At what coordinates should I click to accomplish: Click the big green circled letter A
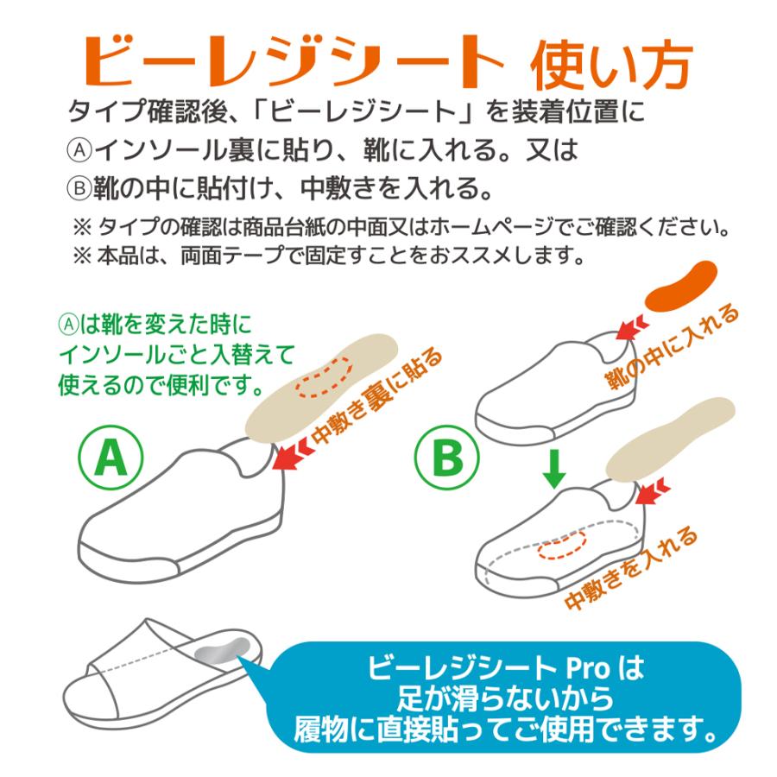click(110, 459)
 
